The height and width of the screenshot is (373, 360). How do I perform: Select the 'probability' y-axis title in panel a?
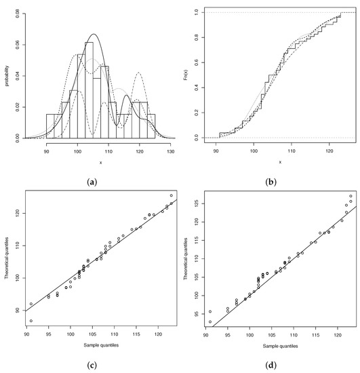(6, 75)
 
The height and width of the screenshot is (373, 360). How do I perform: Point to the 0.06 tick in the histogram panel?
(16, 43)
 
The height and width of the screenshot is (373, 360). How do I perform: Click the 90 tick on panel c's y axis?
(16, 310)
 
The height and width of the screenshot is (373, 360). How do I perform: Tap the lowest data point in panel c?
(31, 321)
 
